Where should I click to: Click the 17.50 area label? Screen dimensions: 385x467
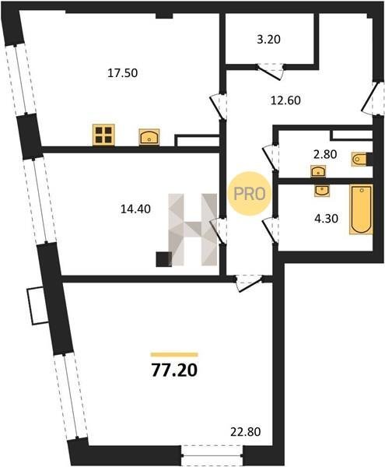point(122,73)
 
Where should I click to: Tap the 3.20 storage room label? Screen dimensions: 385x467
point(268,40)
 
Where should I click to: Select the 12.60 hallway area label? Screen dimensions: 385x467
point(285,100)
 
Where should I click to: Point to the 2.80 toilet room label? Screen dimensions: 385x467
point(325,154)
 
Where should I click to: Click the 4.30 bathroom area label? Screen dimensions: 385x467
point(327,219)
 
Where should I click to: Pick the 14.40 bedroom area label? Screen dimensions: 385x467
point(135,209)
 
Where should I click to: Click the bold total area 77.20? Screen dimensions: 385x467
point(174,370)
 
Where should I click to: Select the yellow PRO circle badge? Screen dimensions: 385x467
point(250,194)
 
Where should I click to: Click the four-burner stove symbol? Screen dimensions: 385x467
point(103,135)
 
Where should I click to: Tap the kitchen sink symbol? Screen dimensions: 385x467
point(149,137)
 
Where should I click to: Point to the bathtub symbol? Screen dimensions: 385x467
point(361,209)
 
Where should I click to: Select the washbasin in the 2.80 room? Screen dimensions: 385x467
point(318,171)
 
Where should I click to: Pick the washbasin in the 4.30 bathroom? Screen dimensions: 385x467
point(322,191)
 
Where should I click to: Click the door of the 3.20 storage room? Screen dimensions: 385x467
point(270,72)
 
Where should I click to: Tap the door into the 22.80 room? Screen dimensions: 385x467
point(249,283)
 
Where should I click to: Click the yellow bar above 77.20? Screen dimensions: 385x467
point(174,354)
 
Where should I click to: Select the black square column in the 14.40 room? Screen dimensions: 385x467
point(163,259)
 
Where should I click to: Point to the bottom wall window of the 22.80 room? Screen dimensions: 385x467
point(212,455)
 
